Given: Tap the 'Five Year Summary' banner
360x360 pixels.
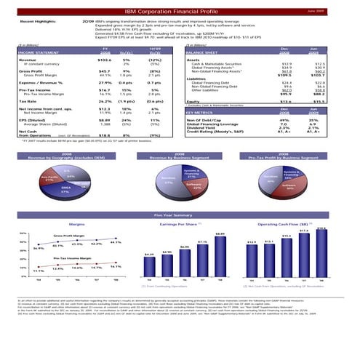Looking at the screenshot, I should click(180, 215).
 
